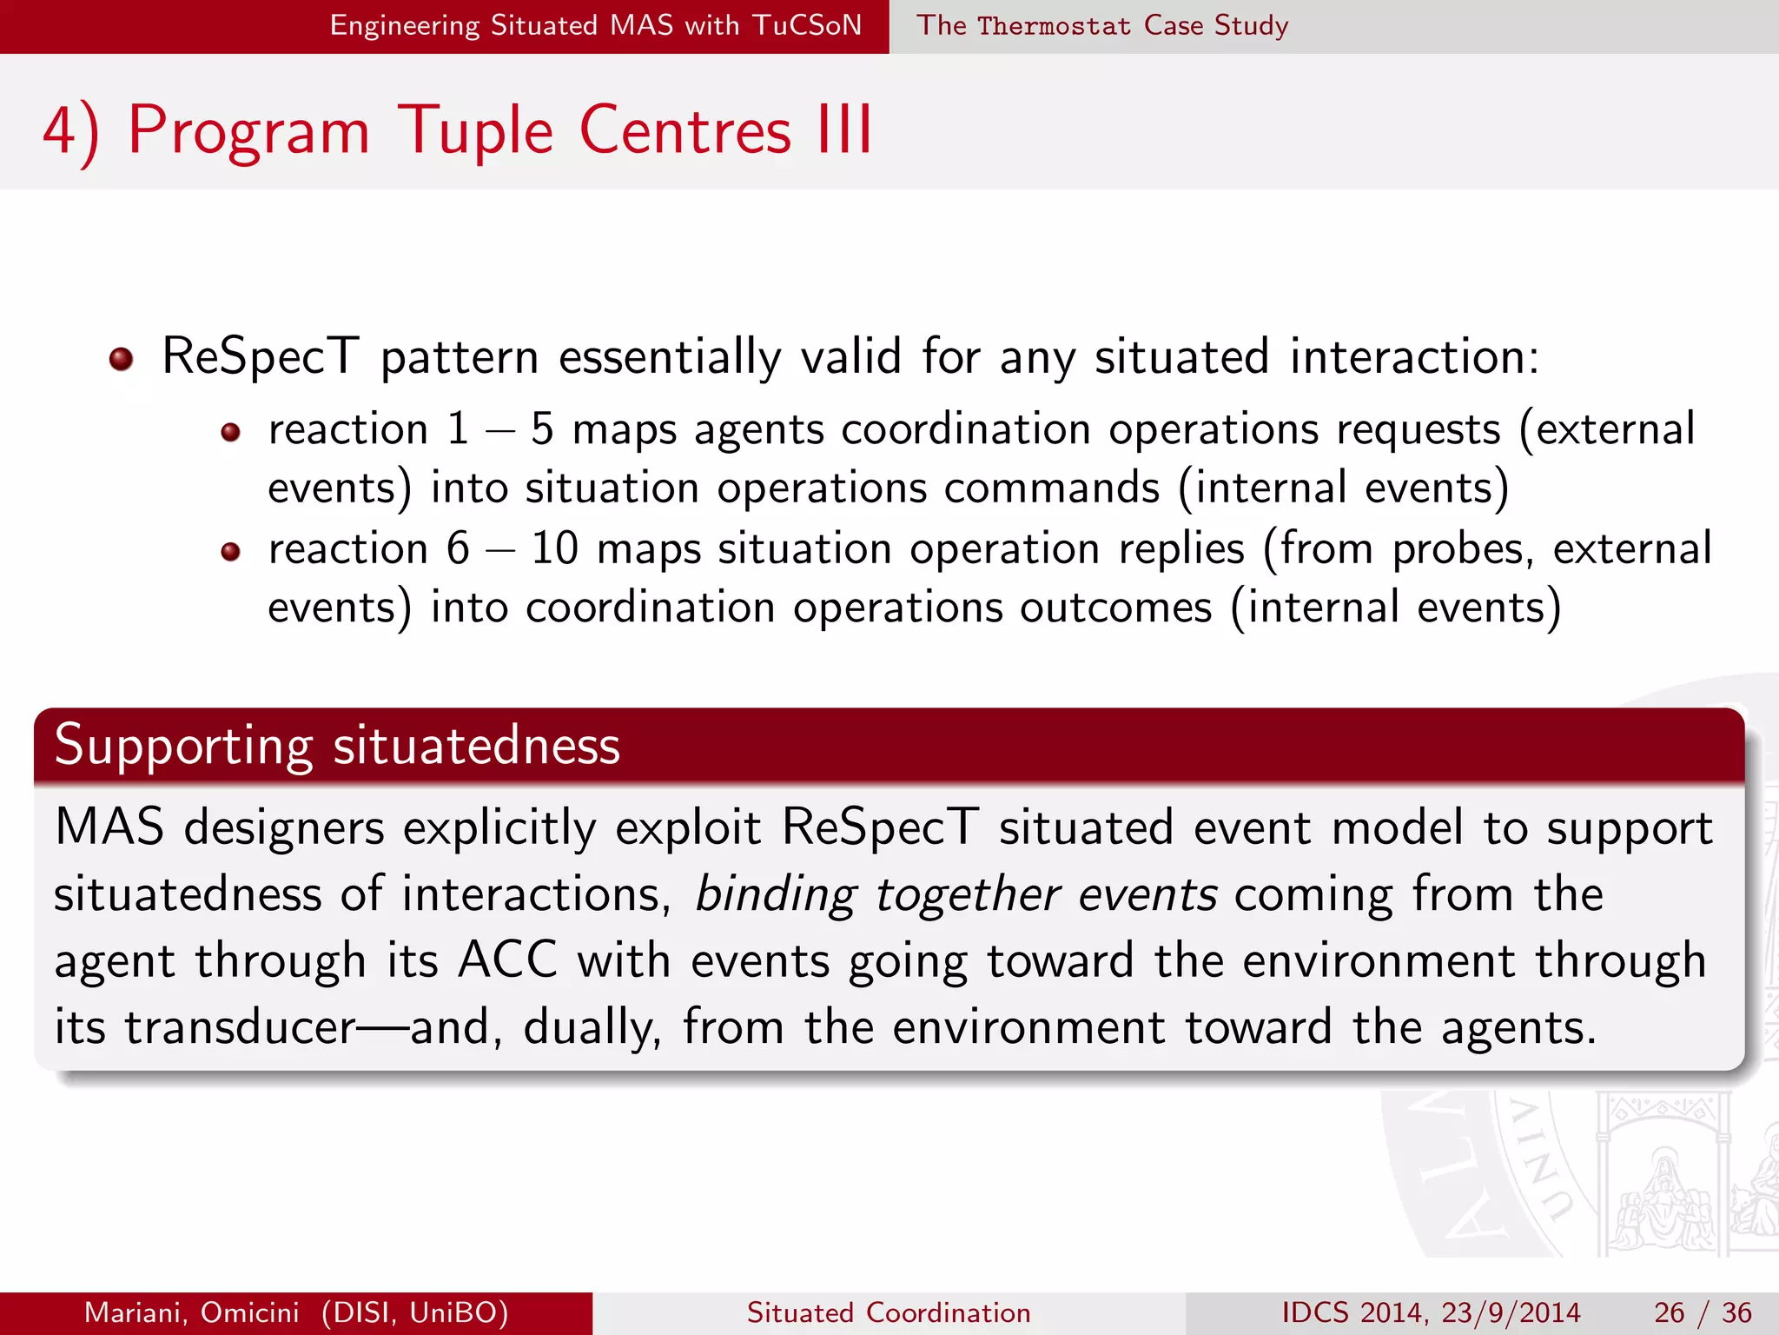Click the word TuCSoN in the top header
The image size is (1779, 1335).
807,25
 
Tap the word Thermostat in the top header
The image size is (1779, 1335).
1054,26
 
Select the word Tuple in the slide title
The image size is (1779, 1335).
475,131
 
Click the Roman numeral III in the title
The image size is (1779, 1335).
844,131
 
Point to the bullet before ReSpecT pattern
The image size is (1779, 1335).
121,359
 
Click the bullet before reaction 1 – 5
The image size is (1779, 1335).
230,432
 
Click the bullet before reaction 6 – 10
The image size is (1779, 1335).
230,551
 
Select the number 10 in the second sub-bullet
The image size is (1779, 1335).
554,549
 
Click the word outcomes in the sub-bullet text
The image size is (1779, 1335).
1115,608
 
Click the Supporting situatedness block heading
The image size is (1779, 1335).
337,746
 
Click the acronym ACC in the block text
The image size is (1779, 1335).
507,961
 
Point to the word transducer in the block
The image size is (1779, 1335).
240,1028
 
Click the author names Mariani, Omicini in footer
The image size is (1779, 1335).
191,1312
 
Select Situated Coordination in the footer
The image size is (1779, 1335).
889,1312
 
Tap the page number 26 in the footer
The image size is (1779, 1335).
1670,1312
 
